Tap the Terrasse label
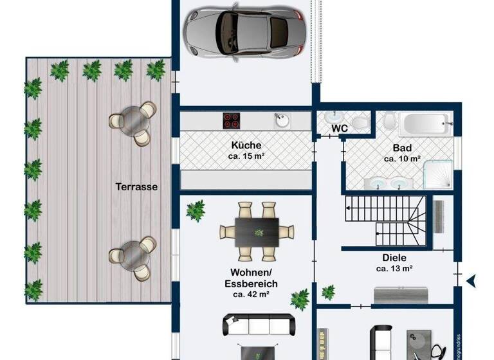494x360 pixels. coord(137,187)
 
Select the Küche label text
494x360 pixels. coord(246,145)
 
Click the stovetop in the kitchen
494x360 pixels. coord(232,120)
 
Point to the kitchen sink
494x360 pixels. coord(281,120)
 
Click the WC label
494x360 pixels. coord(340,129)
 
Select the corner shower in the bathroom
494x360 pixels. coord(440,175)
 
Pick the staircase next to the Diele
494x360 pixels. coord(382,222)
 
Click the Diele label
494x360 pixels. coord(394,258)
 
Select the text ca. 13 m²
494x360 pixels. coord(394,269)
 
